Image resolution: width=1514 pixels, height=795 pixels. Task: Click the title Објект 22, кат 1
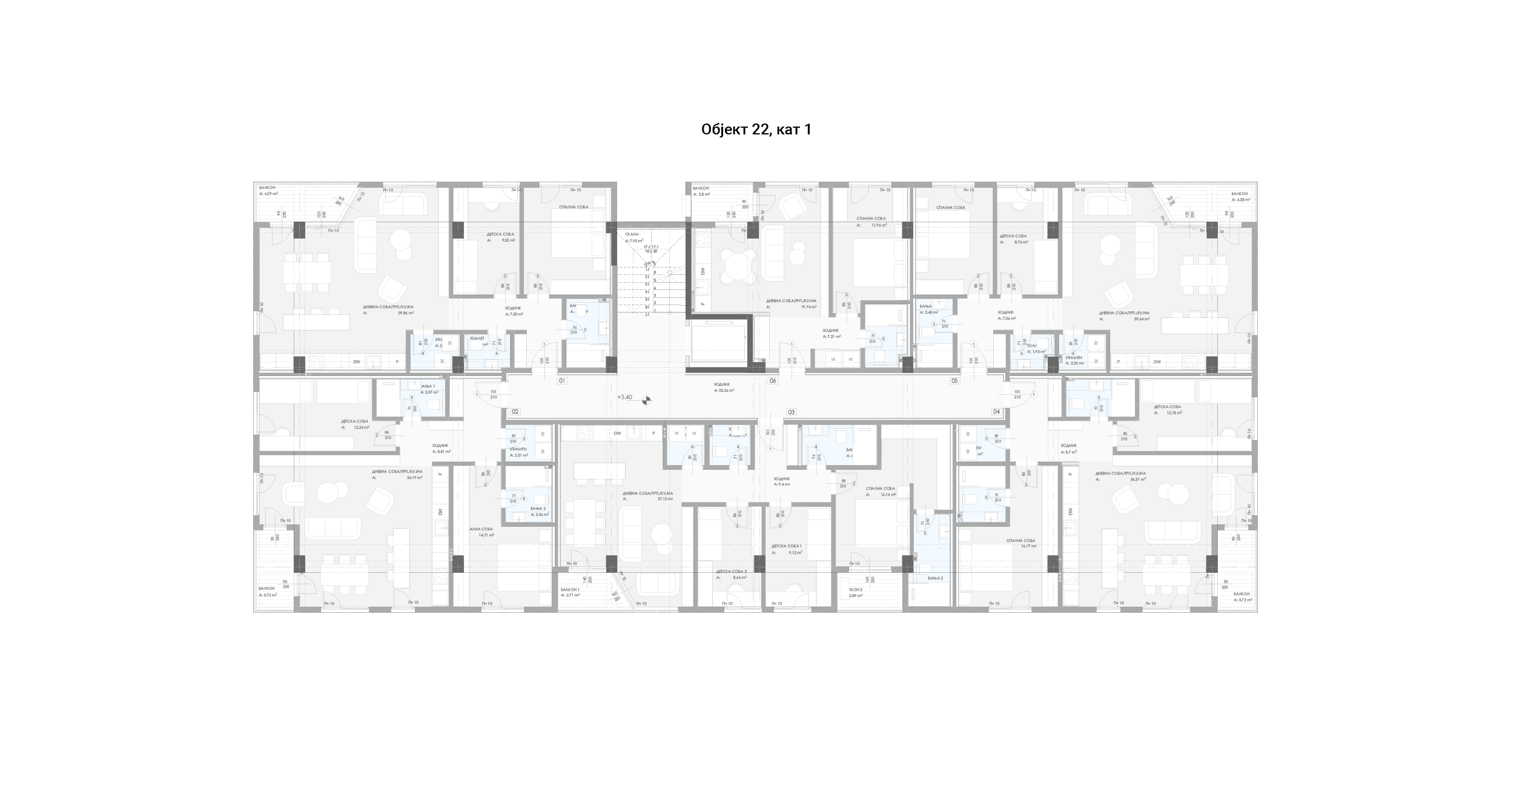(x=756, y=130)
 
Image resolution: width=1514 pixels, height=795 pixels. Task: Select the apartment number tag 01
(x=562, y=381)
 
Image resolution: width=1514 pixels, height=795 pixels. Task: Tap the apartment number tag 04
(x=996, y=412)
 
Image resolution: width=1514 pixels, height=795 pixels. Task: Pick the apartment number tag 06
(x=773, y=381)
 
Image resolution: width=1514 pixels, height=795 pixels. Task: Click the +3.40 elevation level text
(x=624, y=397)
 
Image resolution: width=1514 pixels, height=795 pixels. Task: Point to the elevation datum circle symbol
(x=646, y=400)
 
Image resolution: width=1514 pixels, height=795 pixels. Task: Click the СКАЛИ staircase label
(x=632, y=234)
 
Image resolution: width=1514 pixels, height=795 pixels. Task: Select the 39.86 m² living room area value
(x=406, y=313)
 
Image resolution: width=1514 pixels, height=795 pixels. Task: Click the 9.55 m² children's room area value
(x=508, y=240)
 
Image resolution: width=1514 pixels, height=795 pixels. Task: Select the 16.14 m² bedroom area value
(x=888, y=495)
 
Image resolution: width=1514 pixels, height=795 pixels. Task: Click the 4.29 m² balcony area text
(x=270, y=194)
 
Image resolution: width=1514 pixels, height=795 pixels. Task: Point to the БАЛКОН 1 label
(x=570, y=589)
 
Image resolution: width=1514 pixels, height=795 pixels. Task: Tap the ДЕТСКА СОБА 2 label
(x=731, y=571)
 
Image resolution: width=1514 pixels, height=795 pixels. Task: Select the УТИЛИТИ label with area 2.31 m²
(x=518, y=449)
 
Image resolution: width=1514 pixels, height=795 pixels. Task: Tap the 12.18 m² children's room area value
(x=1174, y=413)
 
